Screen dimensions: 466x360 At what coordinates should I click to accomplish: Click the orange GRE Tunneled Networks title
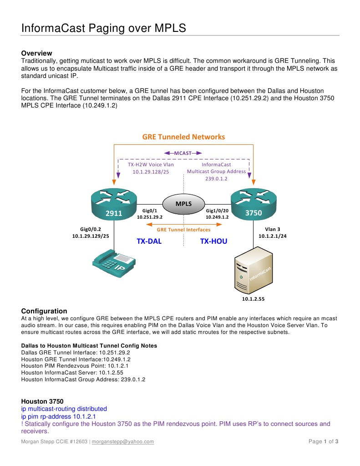click(x=183, y=137)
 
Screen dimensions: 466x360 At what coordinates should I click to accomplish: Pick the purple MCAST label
click(x=183, y=154)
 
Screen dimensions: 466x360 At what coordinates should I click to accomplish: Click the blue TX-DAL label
click(x=149, y=241)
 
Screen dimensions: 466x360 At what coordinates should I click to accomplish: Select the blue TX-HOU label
click(x=213, y=241)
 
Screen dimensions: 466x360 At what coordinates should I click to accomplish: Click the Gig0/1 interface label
click(x=149, y=211)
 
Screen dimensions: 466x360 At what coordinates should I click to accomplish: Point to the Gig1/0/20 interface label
click(x=217, y=211)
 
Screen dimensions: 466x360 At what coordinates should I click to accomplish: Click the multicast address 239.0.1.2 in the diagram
click(x=216, y=179)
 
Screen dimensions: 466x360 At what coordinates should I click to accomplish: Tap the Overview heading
click(x=37, y=53)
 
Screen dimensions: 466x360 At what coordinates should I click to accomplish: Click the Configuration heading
click(x=44, y=311)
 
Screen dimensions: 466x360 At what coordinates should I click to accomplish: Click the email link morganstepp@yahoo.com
click(x=123, y=441)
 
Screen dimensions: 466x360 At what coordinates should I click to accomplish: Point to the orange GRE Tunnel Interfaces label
click(x=183, y=230)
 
